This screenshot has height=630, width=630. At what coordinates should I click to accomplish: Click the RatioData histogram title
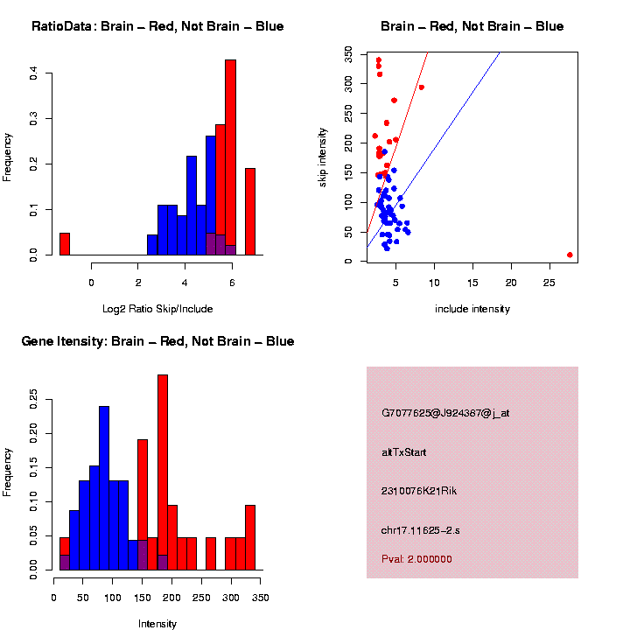coord(157,26)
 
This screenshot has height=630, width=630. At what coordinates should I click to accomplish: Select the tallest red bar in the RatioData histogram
coord(231,157)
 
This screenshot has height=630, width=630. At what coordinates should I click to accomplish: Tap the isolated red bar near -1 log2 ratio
coord(65,244)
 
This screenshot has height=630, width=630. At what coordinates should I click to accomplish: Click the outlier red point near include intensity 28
coord(570,255)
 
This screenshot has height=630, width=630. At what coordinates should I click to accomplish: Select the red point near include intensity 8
coord(421,87)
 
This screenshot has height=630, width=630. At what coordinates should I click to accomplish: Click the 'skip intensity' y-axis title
coord(323,156)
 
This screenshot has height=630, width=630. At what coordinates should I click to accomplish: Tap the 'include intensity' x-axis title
coord(472,308)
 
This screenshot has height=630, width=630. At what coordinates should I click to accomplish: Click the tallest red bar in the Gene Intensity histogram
coord(162,472)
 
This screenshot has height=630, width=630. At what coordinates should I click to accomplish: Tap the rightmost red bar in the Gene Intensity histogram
coord(250,537)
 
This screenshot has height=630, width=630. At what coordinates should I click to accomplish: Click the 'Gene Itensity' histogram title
coord(157,341)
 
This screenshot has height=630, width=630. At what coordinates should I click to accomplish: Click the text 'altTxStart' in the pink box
coord(404,452)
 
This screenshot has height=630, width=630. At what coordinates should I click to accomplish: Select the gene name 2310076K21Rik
coord(419,491)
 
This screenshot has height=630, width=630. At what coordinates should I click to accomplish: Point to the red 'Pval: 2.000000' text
coord(416,559)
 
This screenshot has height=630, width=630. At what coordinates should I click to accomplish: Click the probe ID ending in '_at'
coord(445,413)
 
